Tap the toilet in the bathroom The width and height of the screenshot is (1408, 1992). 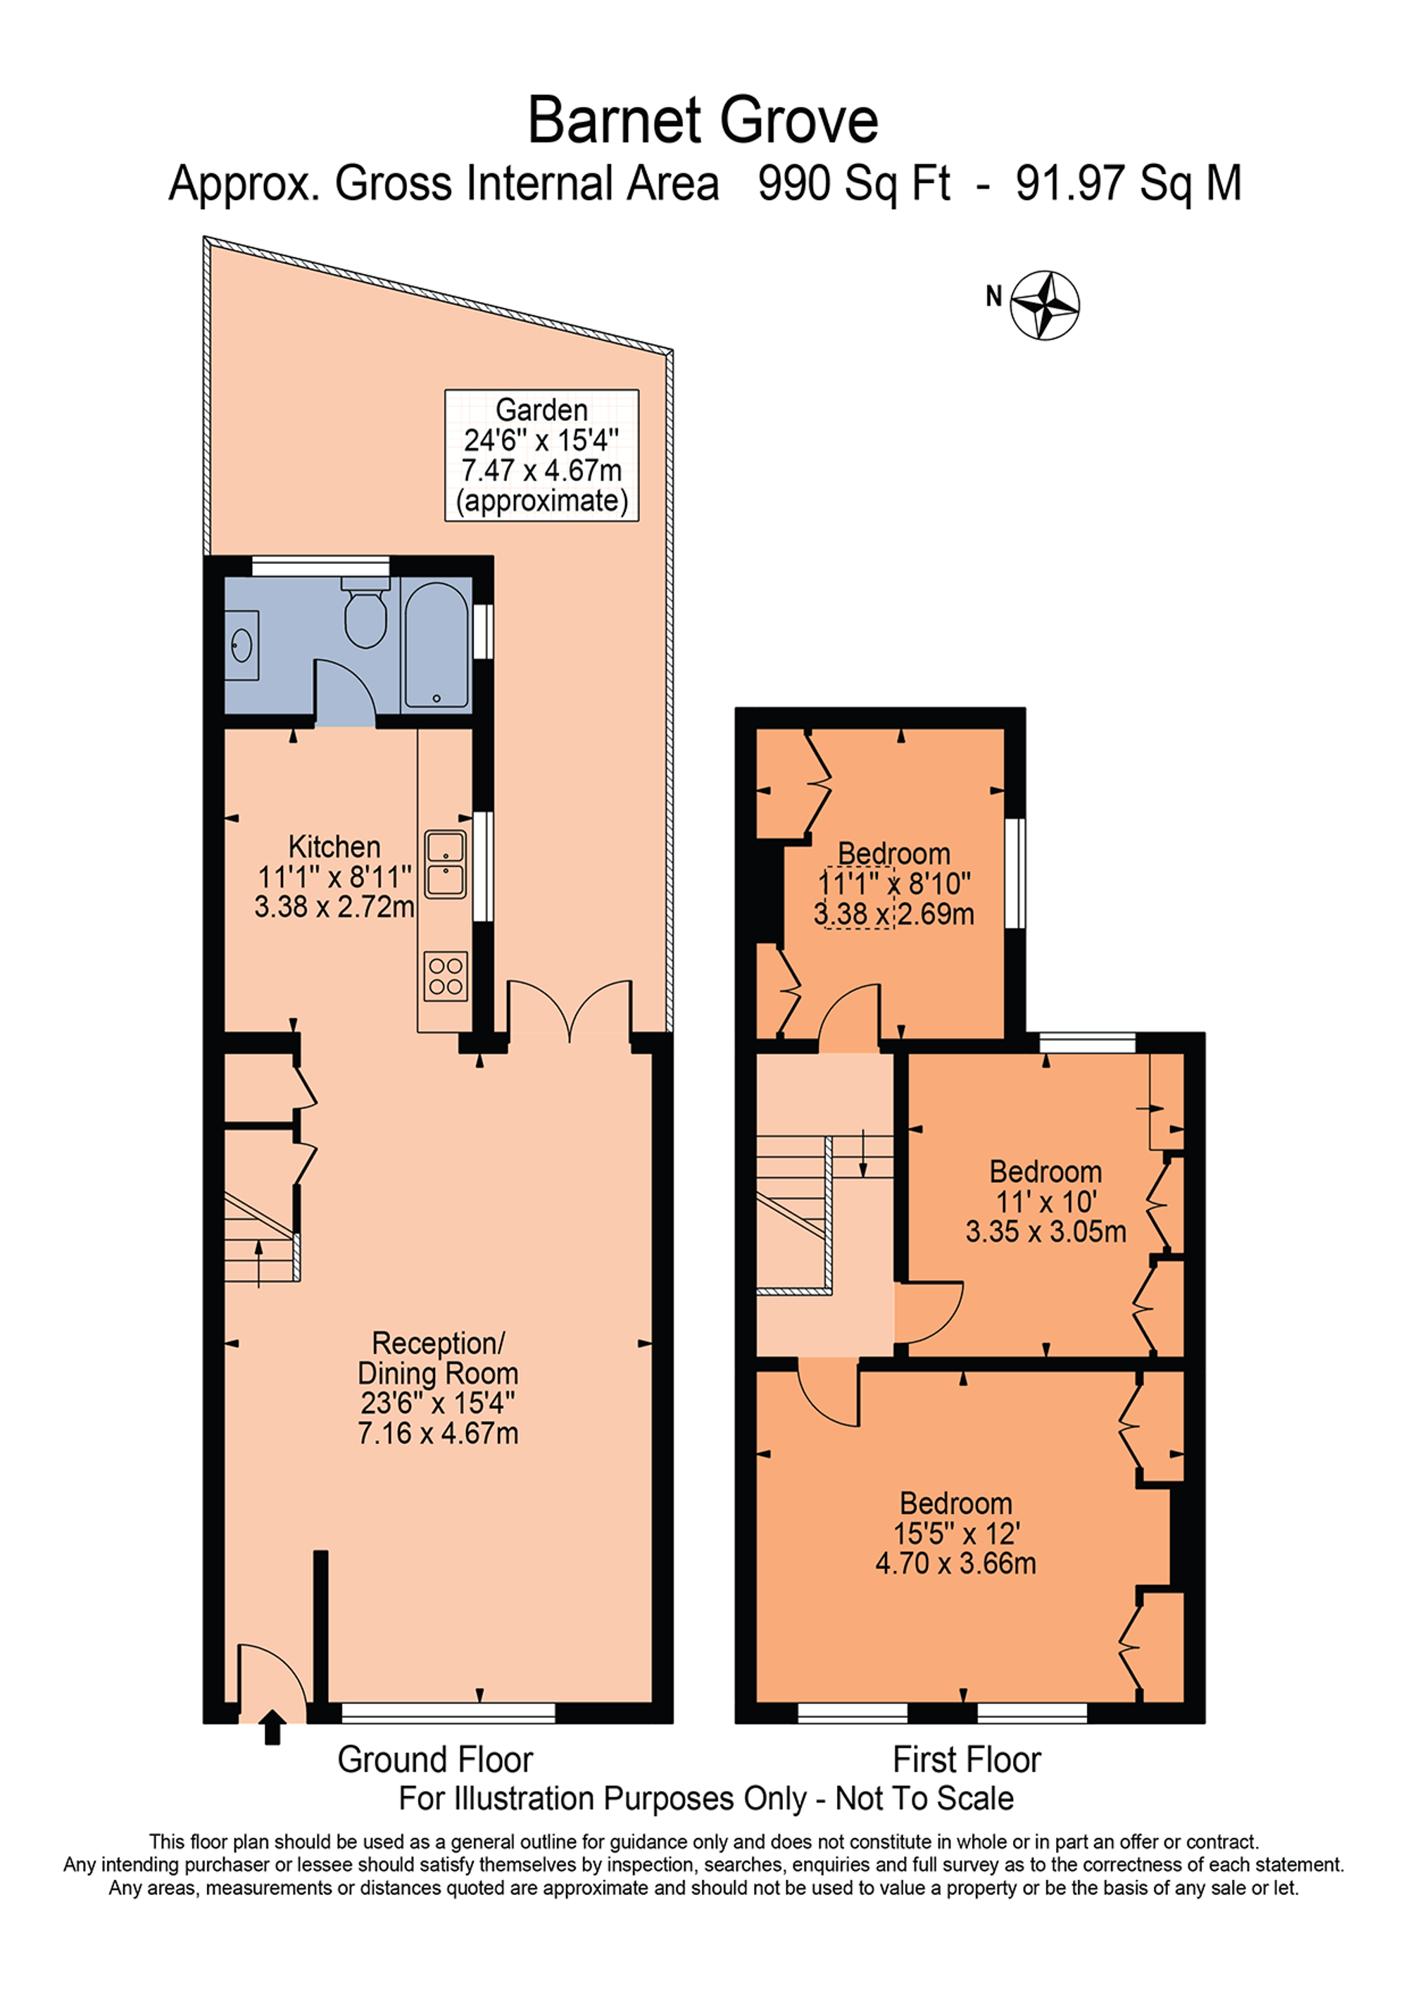(x=365, y=613)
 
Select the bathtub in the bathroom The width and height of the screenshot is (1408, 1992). (x=436, y=644)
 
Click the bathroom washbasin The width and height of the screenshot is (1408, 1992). (x=241, y=644)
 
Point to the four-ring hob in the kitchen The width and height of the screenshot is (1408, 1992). (x=446, y=976)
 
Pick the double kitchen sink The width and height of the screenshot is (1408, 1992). (x=445, y=864)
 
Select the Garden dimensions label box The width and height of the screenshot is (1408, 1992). (x=541, y=456)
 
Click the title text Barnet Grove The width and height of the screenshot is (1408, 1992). (x=703, y=120)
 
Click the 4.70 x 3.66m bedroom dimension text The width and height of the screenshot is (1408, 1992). (x=955, y=1563)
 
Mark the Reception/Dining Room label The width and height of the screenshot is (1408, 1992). (x=438, y=1358)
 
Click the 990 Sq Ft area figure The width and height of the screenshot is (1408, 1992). (x=854, y=184)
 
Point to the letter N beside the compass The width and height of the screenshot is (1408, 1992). (x=994, y=296)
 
